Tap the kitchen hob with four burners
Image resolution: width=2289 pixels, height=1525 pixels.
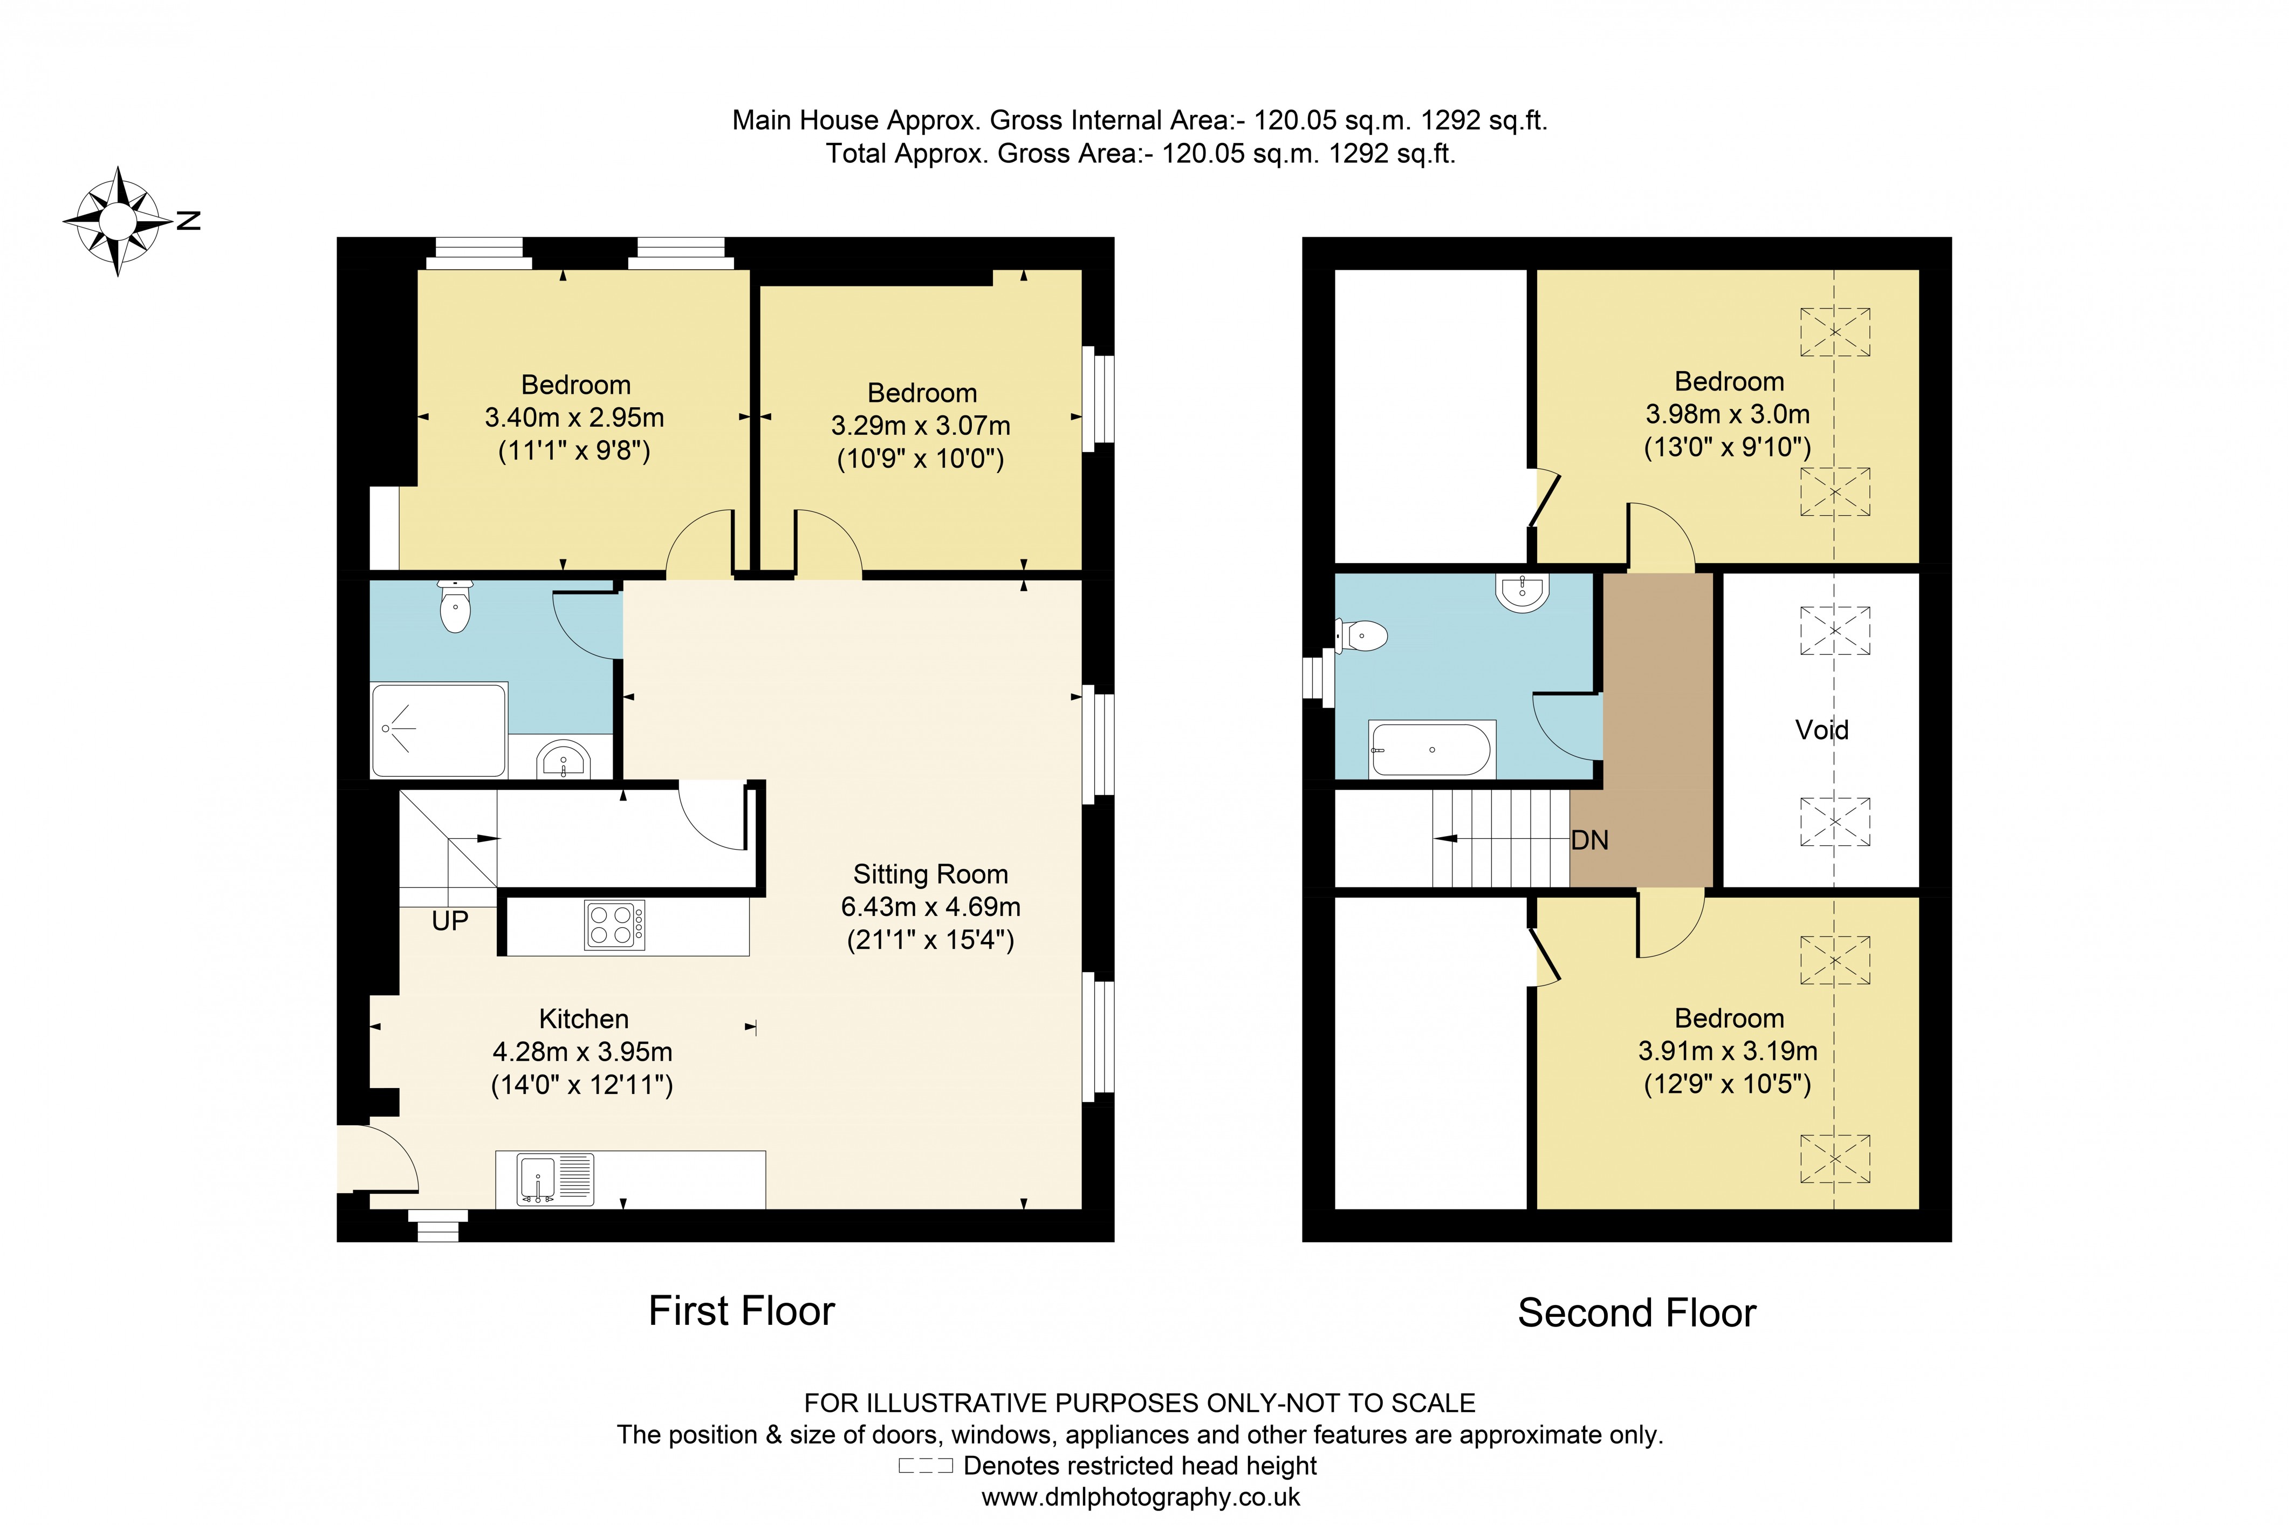pyautogui.click(x=614, y=924)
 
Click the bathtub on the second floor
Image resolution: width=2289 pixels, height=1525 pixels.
pyautogui.click(x=1430, y=749)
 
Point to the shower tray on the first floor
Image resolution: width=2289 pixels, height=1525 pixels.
pyautogui.click(x=438, y=729)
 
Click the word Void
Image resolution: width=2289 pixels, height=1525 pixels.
pyautogui.click(x=1821, y=729)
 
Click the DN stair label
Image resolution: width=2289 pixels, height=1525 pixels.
pyautogui.click(x=1590, y=840)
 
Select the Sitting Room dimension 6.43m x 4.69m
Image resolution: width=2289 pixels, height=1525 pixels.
pyautogui.click(x=930, y=906)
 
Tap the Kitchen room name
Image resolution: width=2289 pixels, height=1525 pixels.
pyautogui.click(x=584, y=1018)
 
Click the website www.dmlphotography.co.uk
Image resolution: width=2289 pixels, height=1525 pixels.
pyautogui.click(x=1141, y=1497)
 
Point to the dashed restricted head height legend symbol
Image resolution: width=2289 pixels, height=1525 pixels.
pyautogui.click(x=925, y=1466)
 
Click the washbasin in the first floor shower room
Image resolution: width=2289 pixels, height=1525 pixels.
pyautogui.click(x=564, y=758)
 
